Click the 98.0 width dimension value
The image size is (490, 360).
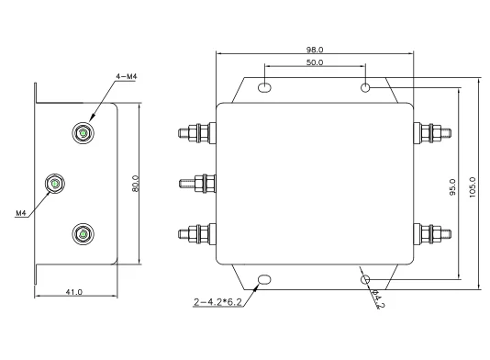[315, 50]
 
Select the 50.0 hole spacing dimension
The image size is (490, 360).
[315, 62]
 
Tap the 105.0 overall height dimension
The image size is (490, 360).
[473, 187]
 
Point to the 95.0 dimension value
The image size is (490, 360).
[452, 187]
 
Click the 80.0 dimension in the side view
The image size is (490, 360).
[135, 184]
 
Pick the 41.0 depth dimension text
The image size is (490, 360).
[74, 292]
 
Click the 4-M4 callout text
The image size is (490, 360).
[127, 76]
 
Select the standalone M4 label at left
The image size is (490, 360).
[20, 213]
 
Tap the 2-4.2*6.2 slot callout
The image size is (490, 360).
[217, 302]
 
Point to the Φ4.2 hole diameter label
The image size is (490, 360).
[378, 298]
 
